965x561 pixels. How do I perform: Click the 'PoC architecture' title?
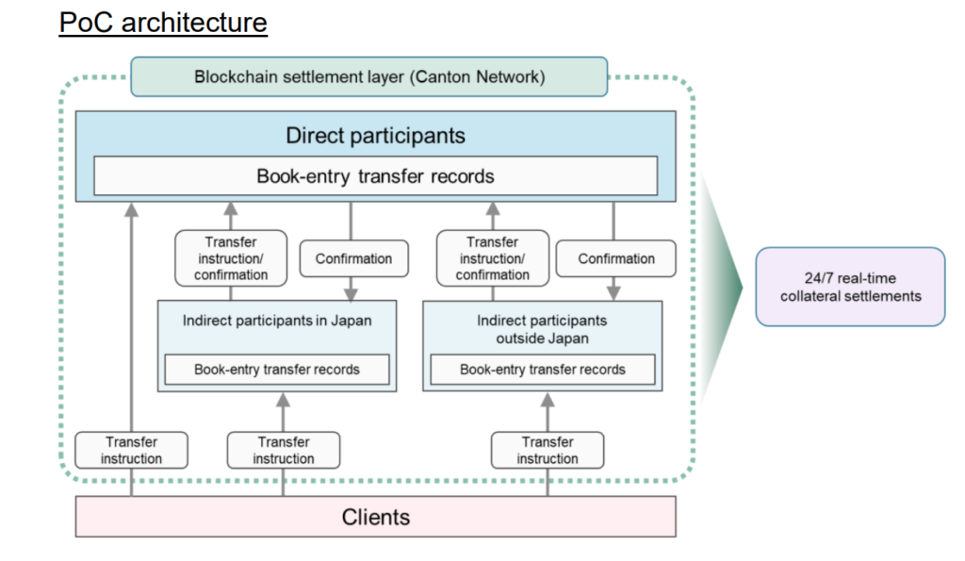pos(163,22)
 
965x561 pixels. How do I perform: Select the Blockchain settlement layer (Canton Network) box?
pos(369,76)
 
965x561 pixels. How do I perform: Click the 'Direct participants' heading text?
pos(375,136)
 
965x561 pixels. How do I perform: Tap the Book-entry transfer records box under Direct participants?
pos(375,176)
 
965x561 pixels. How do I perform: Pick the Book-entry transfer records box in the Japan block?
pos(277,370)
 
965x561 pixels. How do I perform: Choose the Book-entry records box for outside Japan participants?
pos(542,370)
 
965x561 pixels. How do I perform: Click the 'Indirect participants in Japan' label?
pos(277,321)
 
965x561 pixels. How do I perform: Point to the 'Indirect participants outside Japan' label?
pos(542,329)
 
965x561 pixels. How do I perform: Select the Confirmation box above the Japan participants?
pos(353,258)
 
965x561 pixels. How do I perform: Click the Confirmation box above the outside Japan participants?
pos(616,258)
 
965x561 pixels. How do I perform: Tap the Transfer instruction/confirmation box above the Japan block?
pos(231,258)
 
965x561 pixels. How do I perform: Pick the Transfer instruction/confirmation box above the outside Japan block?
pos(493,258)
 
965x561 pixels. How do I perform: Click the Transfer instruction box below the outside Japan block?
pos(548,451)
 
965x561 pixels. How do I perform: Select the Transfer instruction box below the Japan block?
pos(284,451)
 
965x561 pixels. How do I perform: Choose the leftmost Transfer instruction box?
pos(132,451)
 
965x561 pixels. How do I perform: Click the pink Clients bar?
pos(375,517)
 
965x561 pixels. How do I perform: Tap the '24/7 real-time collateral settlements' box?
pos(850,287)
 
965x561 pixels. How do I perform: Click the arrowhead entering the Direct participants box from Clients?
pos(132,209)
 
